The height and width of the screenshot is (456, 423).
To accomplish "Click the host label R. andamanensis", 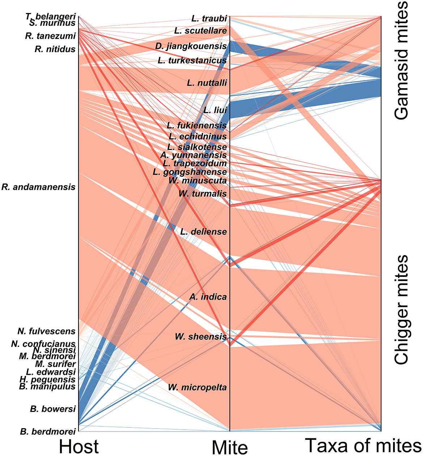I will pos(39,187).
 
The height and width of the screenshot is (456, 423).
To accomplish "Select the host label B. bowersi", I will pos(53,409).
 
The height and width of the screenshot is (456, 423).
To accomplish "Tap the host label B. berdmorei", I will pos(48,431).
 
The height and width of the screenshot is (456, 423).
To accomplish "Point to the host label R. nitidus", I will pos(55,49).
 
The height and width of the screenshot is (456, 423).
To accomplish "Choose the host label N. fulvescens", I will pos(46,331).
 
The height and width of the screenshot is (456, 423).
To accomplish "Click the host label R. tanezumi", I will pos(50,36).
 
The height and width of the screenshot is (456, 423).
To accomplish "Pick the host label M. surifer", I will pos(55,364).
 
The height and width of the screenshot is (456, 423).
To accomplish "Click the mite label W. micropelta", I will pos(197,387).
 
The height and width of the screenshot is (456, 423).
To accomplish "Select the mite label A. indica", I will pos(208,297).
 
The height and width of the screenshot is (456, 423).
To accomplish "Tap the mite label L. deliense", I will pos(203,232).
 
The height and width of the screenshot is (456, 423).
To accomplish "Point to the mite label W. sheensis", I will pos(201,336).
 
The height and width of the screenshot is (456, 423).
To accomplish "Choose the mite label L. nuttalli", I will pos(207,83).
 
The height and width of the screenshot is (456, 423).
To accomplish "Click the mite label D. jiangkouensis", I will pos(191,46).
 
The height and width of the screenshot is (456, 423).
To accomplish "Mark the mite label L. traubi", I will pos(209,18).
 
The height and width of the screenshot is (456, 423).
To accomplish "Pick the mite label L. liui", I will pos(215,110).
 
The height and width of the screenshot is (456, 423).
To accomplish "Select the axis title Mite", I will pos(230,448).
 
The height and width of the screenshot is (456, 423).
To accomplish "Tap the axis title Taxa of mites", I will pos(363,445).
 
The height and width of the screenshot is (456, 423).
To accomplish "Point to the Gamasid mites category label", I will pos(401,60).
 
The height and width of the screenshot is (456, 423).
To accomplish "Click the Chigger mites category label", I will pos(401,310).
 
